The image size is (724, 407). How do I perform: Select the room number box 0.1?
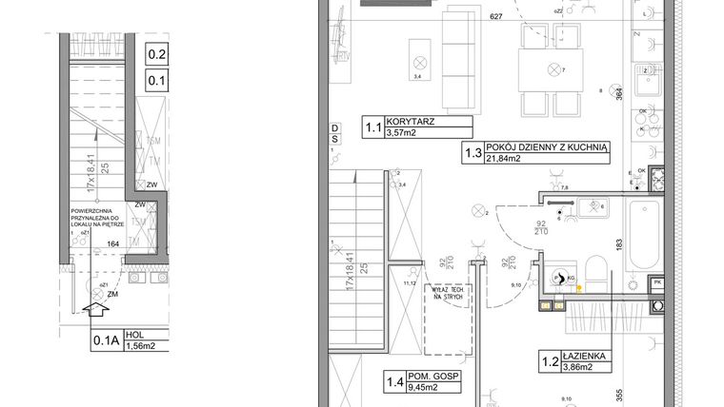(157, 81)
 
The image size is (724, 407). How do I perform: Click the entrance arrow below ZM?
(92, 308)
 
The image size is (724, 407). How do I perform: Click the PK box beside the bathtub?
(655, 283)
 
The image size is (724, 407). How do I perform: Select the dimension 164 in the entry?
(112, 243)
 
